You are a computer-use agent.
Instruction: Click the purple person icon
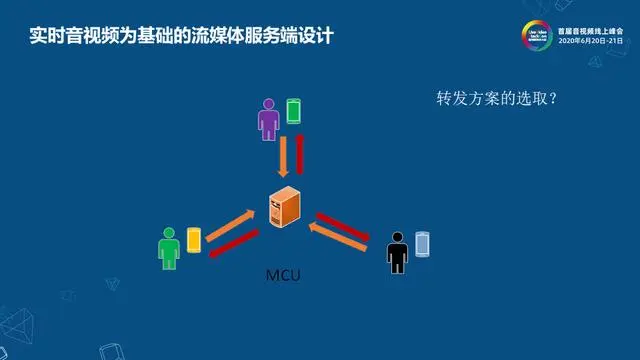click(268, 118)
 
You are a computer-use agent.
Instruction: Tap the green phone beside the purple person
click(293, 110)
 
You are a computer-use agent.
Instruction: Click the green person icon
click(167, 247)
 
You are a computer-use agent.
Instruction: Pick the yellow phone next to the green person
click(194, 240)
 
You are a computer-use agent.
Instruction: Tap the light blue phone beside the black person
click(423, 243)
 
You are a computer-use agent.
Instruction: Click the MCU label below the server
click(283, 273)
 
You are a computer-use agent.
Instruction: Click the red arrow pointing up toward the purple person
click(299, 153)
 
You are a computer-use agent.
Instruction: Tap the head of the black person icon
click(397, 237)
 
